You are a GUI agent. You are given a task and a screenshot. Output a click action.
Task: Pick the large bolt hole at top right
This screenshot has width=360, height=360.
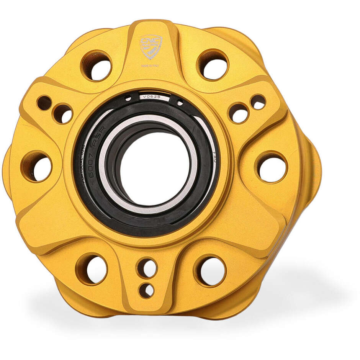pyautogui.click(x=213, y=64)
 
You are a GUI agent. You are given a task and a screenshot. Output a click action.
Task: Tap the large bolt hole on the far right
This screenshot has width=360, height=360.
pyautogui.click(x=272, y=167)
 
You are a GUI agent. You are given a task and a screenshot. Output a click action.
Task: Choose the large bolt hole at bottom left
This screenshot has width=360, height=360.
pyautogui.click(x=92, y=269)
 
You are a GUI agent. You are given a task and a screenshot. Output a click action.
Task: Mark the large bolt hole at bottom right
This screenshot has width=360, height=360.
pyautogui.click(x=210, y=270)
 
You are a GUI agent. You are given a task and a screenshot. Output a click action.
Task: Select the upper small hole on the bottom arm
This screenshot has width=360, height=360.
pyautogui.click(x=147, y=268)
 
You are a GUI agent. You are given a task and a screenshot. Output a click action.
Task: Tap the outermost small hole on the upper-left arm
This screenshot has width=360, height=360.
pyautogui.click(x=44, y=103)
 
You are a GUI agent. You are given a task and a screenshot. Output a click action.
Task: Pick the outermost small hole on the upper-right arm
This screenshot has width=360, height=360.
pyautogui.click(x=258, y=102)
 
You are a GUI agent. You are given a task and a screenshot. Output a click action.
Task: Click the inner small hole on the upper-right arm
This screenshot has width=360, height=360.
pyautogui.click(x=239, y=113)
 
